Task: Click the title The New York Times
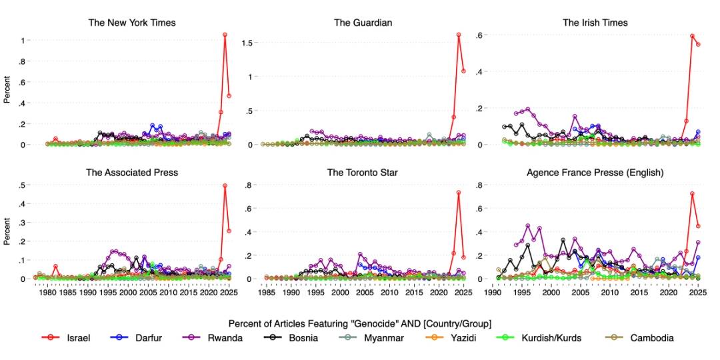(x=132, y=23)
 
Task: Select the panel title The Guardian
(x=363, y=23)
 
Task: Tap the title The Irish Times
(x=595, y=23)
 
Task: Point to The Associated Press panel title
(x=132, y=173)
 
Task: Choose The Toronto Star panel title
(x=363, y=173)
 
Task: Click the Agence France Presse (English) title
(x=595, y=173)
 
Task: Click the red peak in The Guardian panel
(x=459, y=35)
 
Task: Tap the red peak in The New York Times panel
(x=225, y=35)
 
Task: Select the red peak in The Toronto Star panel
(x=459, y=193)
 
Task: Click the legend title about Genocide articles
(x=359, y=323)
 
